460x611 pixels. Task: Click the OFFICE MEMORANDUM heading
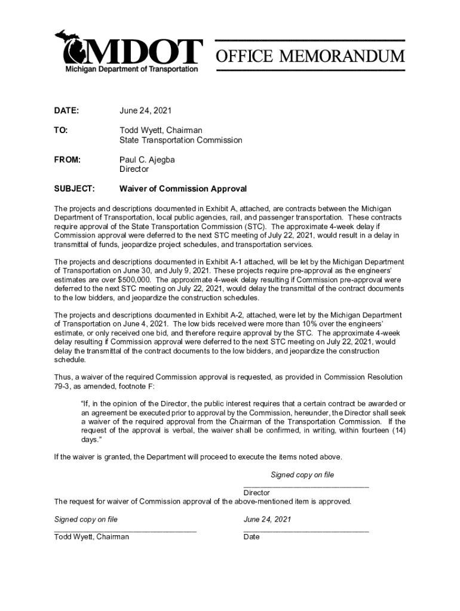[x=310, y=57]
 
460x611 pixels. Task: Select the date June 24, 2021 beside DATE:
[x=145, y=111]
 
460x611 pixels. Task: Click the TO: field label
[x=61, y=130]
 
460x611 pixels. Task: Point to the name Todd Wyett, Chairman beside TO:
[x=161, y=130]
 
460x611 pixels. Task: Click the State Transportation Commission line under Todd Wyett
[x=180, y=140]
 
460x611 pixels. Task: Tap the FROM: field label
[x=67, y=159]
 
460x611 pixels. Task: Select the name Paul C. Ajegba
[x=147, y=159]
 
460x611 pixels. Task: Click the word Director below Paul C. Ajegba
[x=134, y=169]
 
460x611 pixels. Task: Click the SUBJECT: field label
[x=74, y=189]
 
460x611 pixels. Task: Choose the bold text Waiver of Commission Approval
[x=183, y=189]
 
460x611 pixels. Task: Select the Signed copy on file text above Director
[x=302, y=475]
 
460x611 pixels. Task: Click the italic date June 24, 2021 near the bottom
[x=267, y=519]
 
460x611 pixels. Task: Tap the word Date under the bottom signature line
[x=252, y=537]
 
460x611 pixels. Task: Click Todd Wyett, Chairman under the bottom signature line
[x=91, y=537]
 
